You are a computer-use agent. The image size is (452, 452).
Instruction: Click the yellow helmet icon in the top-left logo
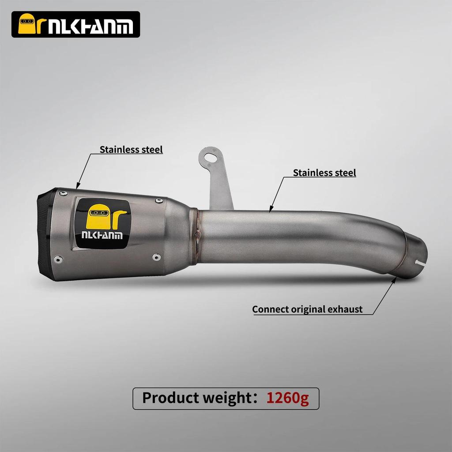27,25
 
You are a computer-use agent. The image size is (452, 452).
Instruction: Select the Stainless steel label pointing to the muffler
131,149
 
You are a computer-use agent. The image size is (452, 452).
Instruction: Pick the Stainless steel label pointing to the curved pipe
324,173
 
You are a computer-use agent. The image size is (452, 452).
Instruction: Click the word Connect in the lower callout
271,309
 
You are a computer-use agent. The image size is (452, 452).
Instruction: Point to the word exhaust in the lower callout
346,309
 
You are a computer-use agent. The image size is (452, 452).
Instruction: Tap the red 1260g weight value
287,398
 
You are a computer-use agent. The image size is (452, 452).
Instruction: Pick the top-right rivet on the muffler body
158,201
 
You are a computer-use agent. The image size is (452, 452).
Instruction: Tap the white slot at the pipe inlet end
421,263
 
